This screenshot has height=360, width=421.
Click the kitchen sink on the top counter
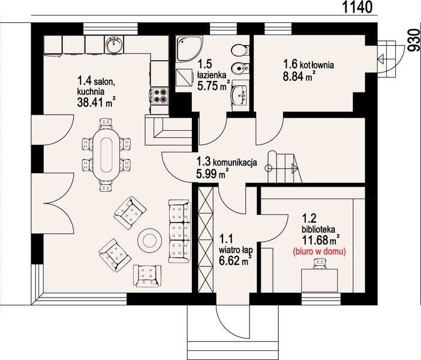coord(115,44)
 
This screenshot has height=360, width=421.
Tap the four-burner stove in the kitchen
coord(160,96)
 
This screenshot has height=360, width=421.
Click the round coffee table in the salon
coord(149,240)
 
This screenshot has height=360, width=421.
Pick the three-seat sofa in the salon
coord(179,231)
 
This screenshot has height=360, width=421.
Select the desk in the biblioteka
coord(319,280)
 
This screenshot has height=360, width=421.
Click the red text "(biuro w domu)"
coord(319,251)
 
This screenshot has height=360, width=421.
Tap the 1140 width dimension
coord(357,7)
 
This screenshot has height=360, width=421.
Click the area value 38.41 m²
coord(97,102)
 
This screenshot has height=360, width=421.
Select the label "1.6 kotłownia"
coord(308,65)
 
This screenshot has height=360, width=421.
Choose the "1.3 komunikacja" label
coord(227,162)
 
